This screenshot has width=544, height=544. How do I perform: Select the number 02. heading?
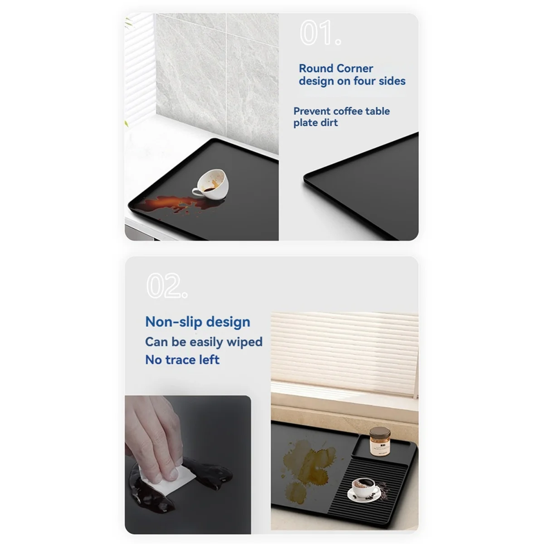[x=166, y=286]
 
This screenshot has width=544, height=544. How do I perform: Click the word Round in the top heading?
[x=316, y=68]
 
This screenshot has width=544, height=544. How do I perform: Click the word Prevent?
[x=312, y=111]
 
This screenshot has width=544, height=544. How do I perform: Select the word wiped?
[x=244, y=342]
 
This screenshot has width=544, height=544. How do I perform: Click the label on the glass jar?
[x=379, y=447]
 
